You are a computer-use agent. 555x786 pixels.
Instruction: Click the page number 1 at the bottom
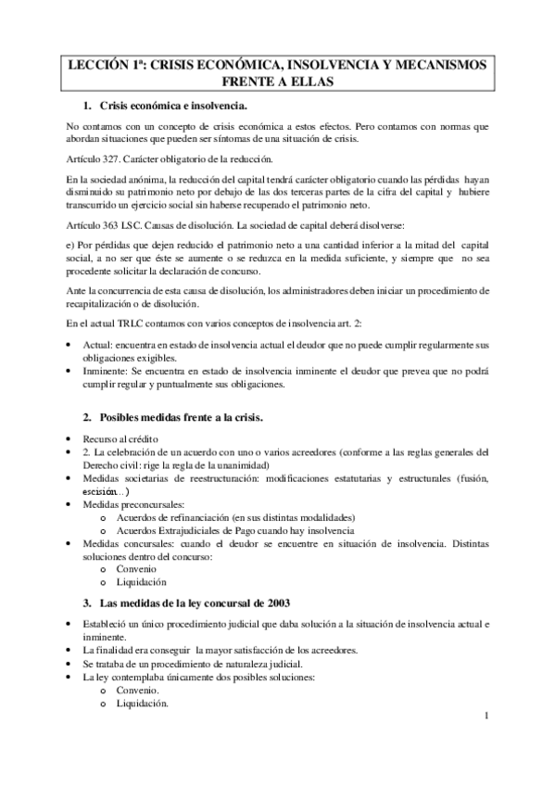coord(486,717)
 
